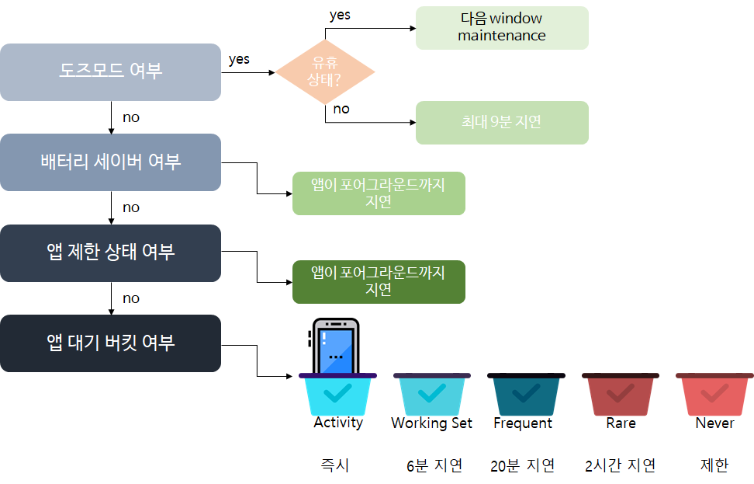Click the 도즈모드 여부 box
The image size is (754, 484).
110,71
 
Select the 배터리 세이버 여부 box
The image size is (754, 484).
110,162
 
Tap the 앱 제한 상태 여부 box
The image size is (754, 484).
110,252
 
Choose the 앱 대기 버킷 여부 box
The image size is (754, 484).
110,343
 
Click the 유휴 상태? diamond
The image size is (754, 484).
325,72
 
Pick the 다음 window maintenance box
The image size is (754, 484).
501,27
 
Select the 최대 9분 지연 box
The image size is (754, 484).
501,122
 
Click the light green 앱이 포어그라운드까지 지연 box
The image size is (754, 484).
378,193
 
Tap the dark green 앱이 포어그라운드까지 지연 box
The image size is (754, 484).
378,281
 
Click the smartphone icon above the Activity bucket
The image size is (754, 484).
335,346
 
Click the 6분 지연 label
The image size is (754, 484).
434,465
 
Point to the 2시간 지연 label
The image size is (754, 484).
620,465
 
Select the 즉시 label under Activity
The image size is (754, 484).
334,465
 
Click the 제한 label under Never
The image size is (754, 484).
714,465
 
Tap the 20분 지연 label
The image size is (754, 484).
522,465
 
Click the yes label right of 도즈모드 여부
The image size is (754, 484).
239,59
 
